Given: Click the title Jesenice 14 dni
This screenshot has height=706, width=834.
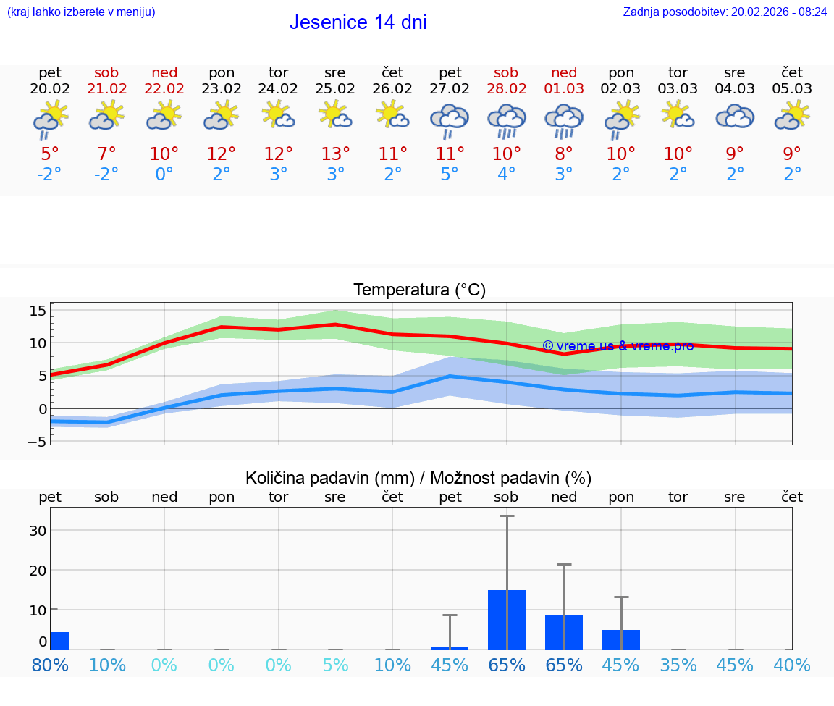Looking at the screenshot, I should pos(358,22).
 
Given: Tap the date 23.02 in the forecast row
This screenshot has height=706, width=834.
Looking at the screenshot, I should pos(222,88).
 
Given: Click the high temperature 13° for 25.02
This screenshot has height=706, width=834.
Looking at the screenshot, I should pos(335,154).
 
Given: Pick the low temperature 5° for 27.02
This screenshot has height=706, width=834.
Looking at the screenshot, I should pos(450,175).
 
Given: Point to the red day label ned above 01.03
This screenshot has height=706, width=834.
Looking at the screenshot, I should pos(564,72).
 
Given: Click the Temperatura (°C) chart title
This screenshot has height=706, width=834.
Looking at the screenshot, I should pos(419,290).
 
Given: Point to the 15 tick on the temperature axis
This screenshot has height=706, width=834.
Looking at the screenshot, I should pos(38,311).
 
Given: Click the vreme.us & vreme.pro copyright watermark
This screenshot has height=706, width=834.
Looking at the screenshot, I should pos(618,346).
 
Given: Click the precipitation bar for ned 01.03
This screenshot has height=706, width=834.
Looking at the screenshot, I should pos(564,632).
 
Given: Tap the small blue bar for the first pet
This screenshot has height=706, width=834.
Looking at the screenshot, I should pos(59,641).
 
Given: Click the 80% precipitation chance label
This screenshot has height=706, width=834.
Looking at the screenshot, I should pos(50,665).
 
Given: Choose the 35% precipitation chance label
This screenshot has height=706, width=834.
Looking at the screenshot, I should pos(678,665).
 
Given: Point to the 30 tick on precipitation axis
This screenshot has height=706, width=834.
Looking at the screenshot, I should pos(38,530).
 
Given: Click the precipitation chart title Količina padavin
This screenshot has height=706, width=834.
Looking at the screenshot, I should pos(418,478).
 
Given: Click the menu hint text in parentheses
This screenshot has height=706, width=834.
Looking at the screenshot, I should pos(81,12).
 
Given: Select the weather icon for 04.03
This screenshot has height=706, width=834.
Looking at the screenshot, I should pos(735,117).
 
